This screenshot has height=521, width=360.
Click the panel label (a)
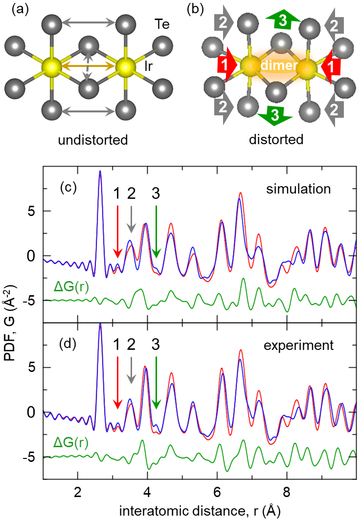coord(13,10)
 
